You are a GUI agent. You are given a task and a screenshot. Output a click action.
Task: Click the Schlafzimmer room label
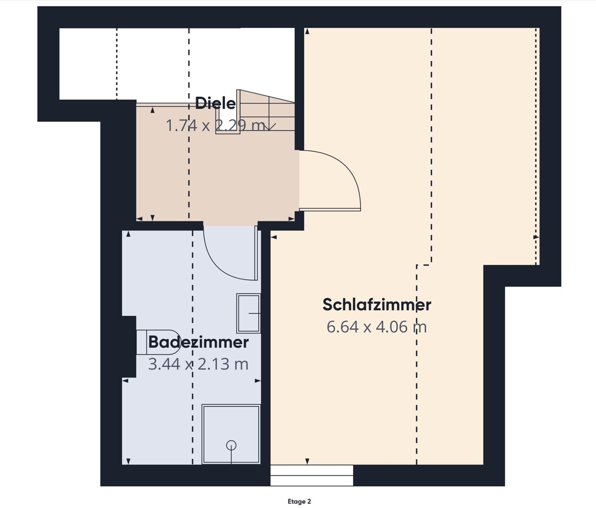[x=376, y=304]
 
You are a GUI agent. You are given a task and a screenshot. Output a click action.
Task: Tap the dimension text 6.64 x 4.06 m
[x=376, y=327]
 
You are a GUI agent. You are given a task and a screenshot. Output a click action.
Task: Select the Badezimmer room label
[x=198, y=342]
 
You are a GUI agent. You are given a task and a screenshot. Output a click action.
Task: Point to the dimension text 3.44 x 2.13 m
[x=198, y=364]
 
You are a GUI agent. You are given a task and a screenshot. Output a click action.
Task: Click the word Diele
[x=215, y=103]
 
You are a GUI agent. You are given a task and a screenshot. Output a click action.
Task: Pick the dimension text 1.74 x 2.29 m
[x=215, y=126]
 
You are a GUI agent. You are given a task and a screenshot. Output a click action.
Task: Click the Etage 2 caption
[x=299, y=502]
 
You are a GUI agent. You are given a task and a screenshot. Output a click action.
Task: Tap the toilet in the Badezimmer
[x=158, y=342]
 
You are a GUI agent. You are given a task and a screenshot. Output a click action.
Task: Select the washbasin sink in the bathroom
[x=248, y=313]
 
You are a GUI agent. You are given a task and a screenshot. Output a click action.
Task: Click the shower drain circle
[x=231, y=445]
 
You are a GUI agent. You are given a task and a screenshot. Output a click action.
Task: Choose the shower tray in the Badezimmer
[x=231, y=435]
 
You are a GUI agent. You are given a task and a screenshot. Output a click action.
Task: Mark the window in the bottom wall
[x=311, y=476]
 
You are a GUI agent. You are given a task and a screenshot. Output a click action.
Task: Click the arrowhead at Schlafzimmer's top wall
[x=307, y=32]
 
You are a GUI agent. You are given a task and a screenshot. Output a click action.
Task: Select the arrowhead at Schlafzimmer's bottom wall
[x=307, y=461]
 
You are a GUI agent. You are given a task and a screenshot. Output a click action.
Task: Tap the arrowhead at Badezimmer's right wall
[x=258, y=381]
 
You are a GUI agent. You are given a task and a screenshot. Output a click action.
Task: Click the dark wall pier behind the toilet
[x=129, y=347]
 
